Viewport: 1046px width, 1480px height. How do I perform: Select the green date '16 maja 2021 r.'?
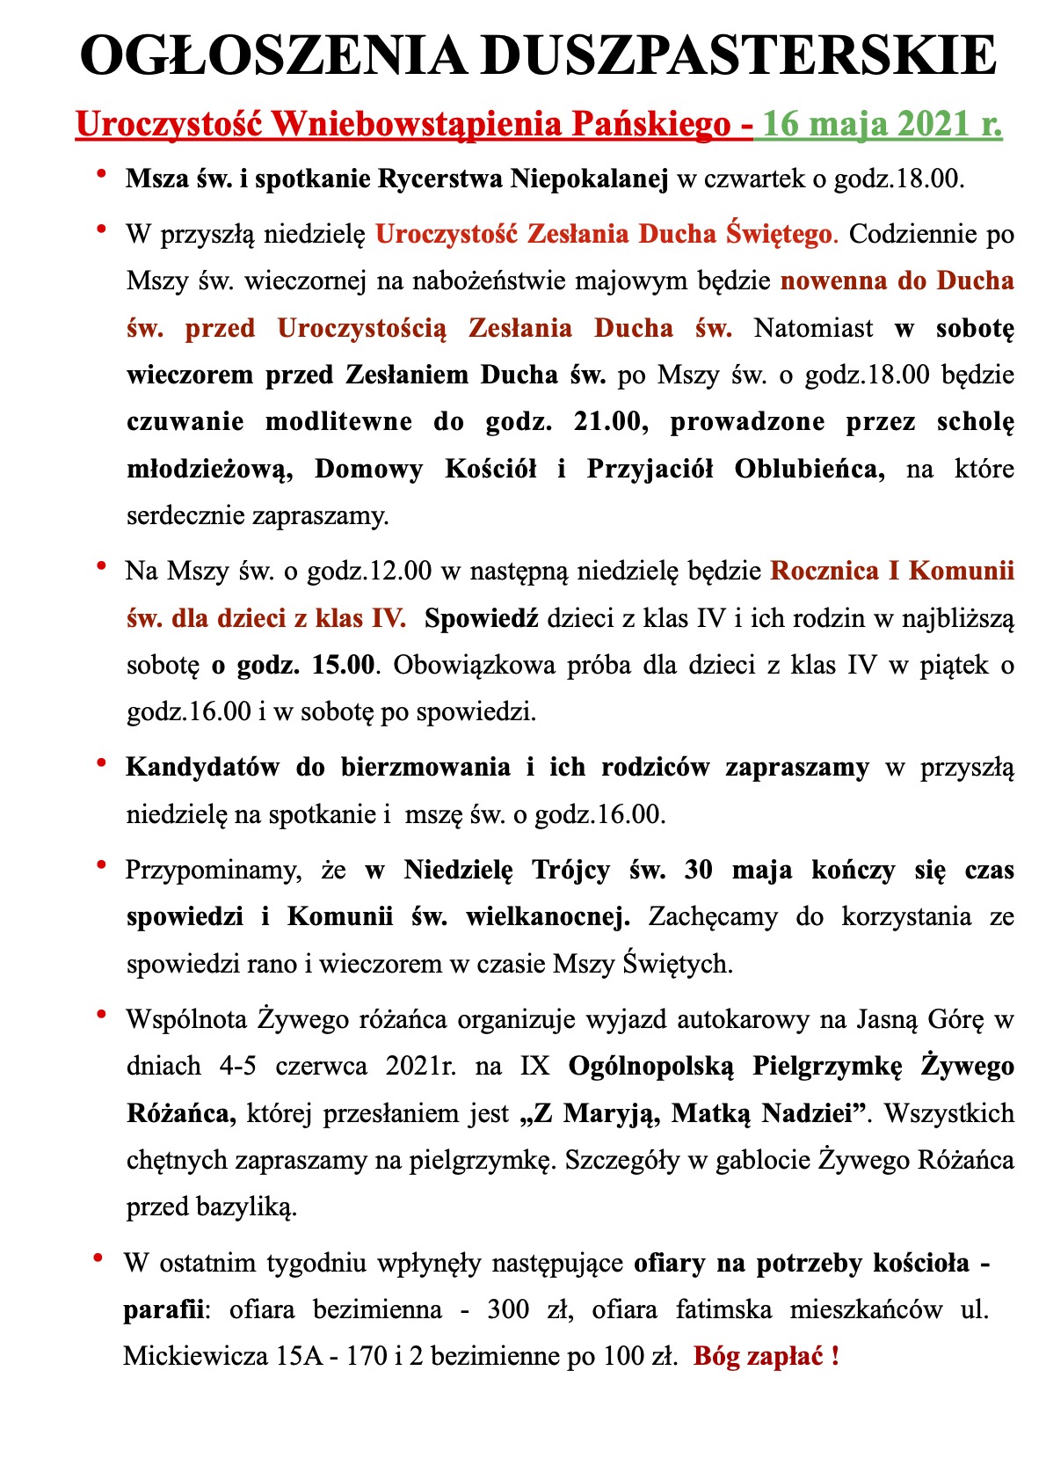(882, 124)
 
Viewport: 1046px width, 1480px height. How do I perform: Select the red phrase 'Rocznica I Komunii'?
(892, 572)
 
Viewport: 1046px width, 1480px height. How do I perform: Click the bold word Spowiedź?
(481, 618)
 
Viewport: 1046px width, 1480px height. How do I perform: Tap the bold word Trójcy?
(570, 871)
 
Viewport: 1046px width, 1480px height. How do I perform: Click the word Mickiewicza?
(195, 1357)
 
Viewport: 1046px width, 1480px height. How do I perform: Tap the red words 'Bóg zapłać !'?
(766, 1357)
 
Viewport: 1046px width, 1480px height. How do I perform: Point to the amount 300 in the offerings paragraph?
(507, 1310)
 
